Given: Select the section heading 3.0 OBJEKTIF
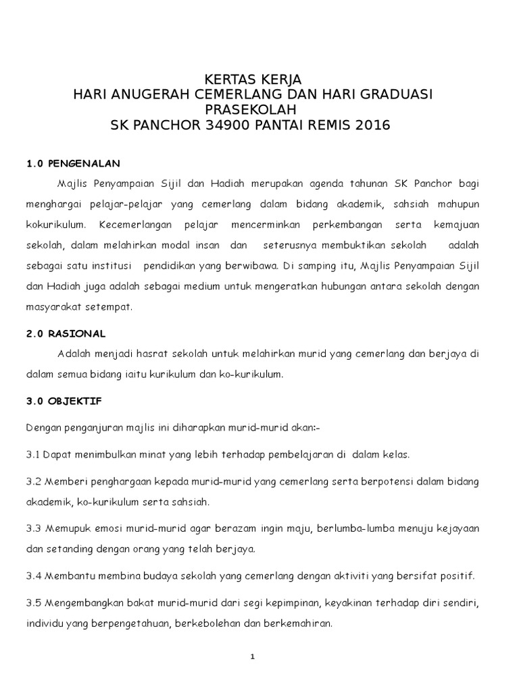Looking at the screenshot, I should (64, 401).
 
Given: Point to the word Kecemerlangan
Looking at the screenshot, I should (134, 224).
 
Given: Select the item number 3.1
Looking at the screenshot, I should (33, 455).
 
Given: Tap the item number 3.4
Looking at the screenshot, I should (33, 576).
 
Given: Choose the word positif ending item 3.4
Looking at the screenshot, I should (457, 576).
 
